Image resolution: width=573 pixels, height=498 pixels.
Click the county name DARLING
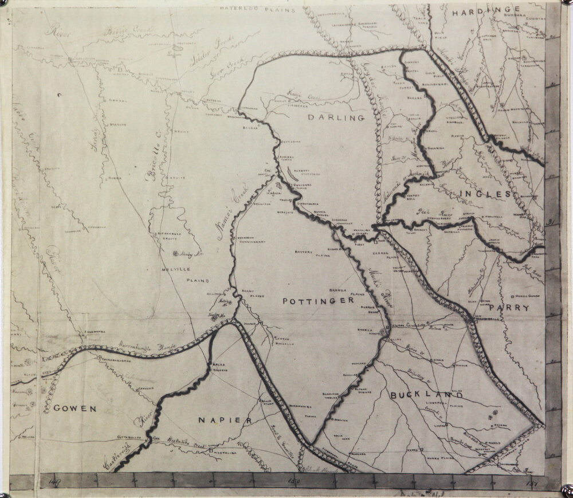tap(336, 118)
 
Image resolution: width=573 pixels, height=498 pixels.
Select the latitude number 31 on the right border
tap(551, 223)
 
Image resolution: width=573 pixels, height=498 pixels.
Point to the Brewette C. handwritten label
tap(153, 164)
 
